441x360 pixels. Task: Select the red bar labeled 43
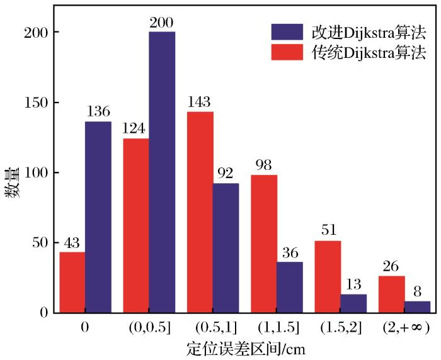pyautogui.click(x=72, y=282)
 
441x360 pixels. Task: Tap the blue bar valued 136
pyautogui.click(x=98, y=217)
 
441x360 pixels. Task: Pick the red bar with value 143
pyautogui.click(x=200, y=212)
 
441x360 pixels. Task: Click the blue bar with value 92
pyautogui.click(x=226, y=248)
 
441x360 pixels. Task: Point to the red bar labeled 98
pyautogui.click(x=264, y=244)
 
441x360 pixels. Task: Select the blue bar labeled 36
pyautogui.click(x=290, y=287)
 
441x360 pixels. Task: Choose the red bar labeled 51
pyautogui.click(x=328, y=276)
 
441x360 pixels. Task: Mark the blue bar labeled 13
pyautogui.click(x=353, y=303)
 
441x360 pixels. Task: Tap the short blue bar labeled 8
pyautogui.click(x=417, y=307)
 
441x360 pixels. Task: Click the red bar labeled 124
pyautogui.click(x=136, y=225)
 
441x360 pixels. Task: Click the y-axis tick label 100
pyautogui.click(x=38, y=172)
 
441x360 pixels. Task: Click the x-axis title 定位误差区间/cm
pyautogui.click(x=246, y=347)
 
